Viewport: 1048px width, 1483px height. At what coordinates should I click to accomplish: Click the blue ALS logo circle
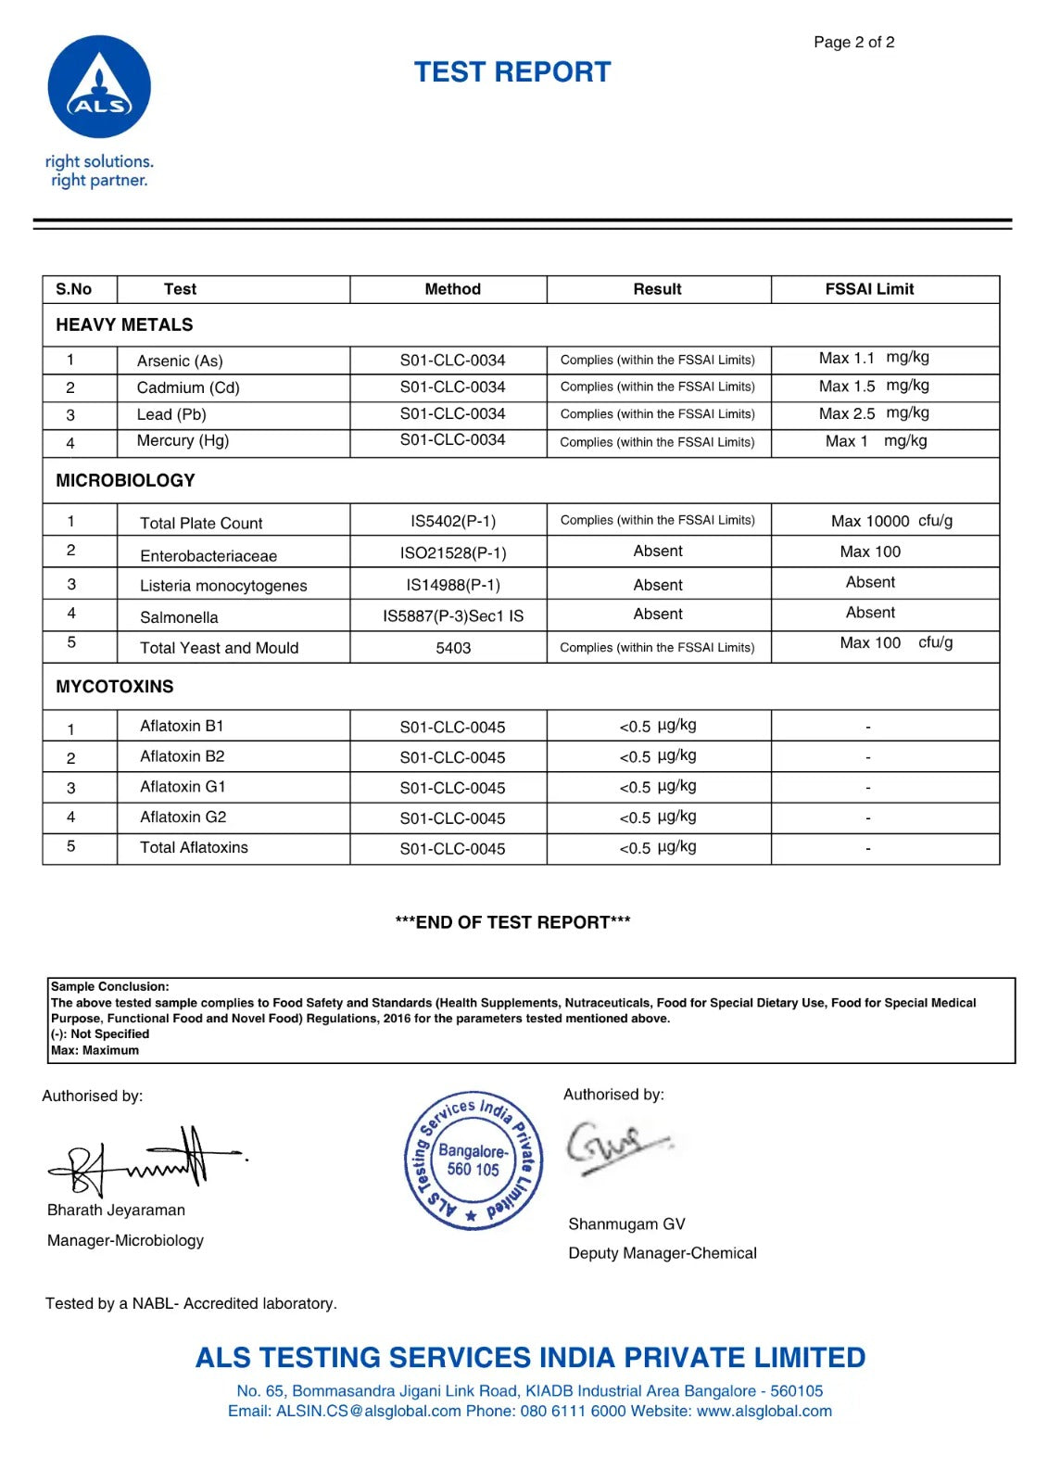pyautogui.click(x=99, y=87)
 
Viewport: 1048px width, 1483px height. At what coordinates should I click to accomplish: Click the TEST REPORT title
pyautogui.click(x=512, y=72)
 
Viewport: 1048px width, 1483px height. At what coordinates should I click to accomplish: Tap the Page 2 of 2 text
pyautogui.click(x=853, y=43)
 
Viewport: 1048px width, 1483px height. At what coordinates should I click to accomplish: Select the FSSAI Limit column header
pyautogui.click(x=869, y=289)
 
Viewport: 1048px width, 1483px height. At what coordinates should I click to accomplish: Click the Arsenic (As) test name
pyautogui.click(x=180, y=361)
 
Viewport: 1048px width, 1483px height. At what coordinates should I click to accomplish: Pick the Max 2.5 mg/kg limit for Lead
pyautogui.click(x=874, y=413)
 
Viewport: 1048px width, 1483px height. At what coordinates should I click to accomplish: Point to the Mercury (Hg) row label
pyautogui.click(x=183, y=441)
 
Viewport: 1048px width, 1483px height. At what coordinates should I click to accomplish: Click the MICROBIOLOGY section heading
pyautogui.click(x=125, y=480)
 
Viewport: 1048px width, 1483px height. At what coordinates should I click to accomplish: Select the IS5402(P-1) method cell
pyautogui.click(x=453, y=521)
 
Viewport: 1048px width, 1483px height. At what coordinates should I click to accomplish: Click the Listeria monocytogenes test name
pyautogui.click(x=223, y=586)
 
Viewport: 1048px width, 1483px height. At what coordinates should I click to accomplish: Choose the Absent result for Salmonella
pyautogui.click(x=658, y=615)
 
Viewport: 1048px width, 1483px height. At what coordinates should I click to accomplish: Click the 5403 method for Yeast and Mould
pyautogui.click(x=453, y=648)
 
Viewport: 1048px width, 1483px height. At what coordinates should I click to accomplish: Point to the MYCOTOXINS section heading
pyautogui.click(x=115, y=687)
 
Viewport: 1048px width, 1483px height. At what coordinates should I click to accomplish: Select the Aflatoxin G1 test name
pyautogui.click(x=183, y=787)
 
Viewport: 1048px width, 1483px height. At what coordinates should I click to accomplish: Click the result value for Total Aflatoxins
pyautogui.click(x=658, y=848)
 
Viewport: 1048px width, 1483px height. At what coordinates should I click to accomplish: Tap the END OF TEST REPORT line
pyautogui.click(x=512, y=922)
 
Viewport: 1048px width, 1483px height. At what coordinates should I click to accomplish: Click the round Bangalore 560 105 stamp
pyautogui.click(x=473, y=1160)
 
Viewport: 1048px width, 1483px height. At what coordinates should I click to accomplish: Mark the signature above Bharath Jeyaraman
pyautogui.click(x=144, y=1159)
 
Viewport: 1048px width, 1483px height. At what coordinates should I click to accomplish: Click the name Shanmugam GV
pyautogui.click(x=626, y=1224)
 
